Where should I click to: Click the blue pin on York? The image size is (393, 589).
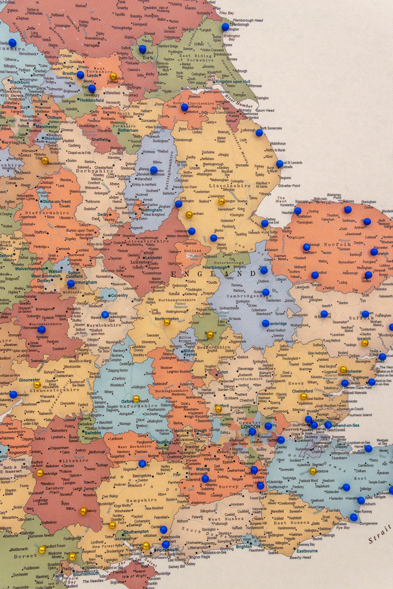point(142,49)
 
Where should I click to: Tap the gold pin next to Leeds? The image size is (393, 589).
point(113,77)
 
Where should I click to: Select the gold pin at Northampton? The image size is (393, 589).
point(167,322)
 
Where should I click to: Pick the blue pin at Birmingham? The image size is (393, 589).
point(71,283)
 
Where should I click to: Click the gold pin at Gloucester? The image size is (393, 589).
point(37,384)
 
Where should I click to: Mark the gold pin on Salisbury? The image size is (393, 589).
point(83,511)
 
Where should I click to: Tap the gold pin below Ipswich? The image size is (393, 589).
point(365,343)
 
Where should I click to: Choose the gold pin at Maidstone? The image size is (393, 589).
point(313,471)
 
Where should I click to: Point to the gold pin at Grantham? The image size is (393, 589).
point(189,214)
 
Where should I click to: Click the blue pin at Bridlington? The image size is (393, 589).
point(225,27)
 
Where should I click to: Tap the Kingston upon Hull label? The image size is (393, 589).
point(233,82)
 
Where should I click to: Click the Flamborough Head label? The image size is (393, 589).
point(248,20)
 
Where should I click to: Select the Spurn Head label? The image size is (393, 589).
point(265,110)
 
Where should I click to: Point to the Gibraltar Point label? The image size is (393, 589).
point(289,186)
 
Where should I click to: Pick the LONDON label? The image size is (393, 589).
point(251,426)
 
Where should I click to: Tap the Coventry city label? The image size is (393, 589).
point(119,295)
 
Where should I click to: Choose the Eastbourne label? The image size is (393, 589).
point(307,551)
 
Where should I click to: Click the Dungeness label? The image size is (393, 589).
point(368,523)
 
